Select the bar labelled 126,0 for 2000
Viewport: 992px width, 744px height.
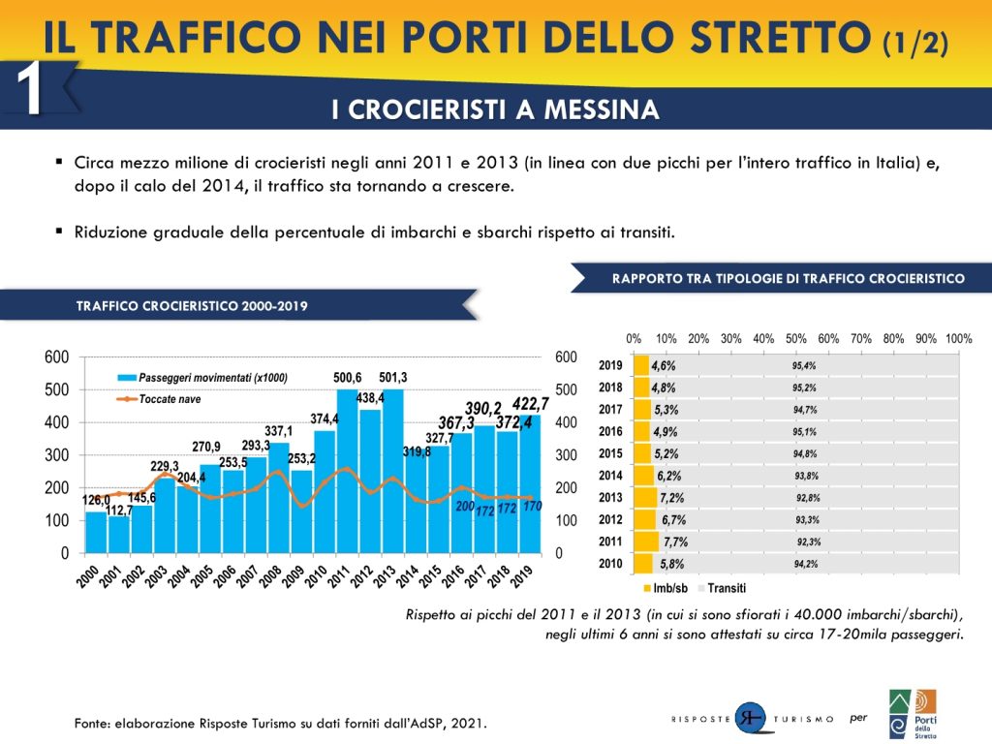click(x=96, y=532)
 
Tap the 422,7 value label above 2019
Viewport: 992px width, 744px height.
click(x=531, y=404)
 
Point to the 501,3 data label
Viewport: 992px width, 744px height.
click(x=393, y=378)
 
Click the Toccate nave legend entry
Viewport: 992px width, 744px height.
click(x=170, y=399)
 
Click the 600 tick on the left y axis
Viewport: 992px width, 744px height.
click(x=57, y=357)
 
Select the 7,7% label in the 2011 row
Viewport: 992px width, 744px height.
click(x=675, y=542)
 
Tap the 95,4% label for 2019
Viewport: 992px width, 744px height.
click(x=804, y=366)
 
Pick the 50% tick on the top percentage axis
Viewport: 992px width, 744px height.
click(x=796, y=339)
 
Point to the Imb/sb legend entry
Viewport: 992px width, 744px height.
click(x=669, y=588)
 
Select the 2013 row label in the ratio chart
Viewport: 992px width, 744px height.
click(x=610, y=498)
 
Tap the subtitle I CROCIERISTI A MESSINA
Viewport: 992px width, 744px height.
click(x=495, y=109)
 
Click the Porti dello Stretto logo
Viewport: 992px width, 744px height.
click(x=913, y=714)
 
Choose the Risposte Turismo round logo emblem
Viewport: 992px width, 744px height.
click(x=750, y=718)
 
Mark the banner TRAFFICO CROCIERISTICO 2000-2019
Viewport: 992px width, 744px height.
click(x=192, y=305)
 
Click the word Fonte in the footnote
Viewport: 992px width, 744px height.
click(x=93, y=723)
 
